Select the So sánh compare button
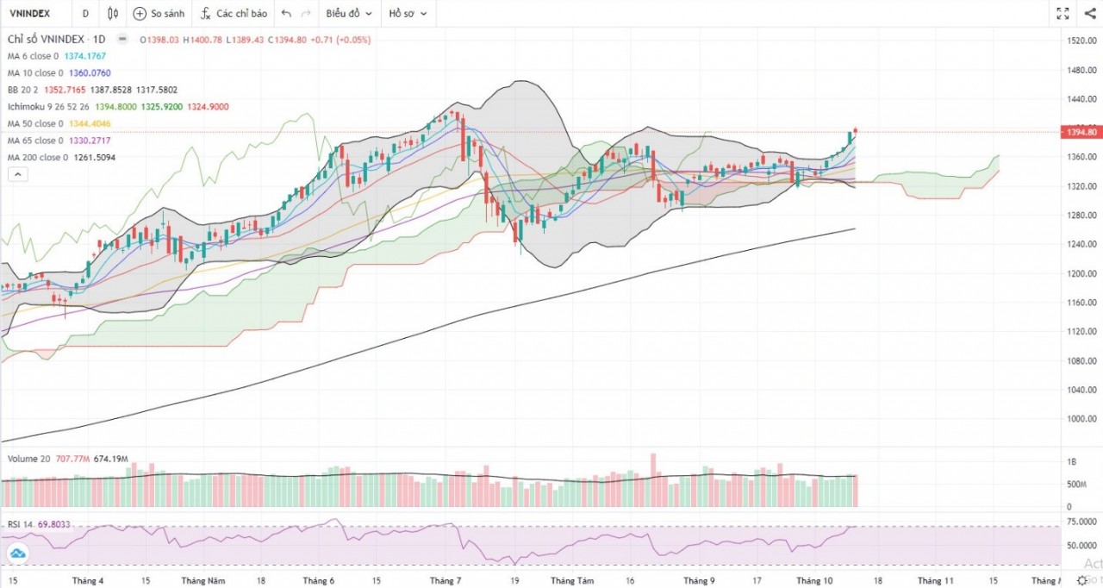tap(159, 14)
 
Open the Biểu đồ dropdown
tap(349, 14)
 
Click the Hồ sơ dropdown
tap(408, 14)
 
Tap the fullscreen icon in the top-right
tap(1062, 14)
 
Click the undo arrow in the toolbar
tap(286, 14)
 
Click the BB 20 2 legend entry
tap(24, 90)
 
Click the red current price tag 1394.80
tap(1081, 132)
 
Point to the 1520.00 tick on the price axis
tap(1081, 41)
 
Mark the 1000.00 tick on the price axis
tap(1081, 419)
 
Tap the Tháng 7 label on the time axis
tap(445, 581)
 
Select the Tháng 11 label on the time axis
tap(936, 581)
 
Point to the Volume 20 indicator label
tap(29, 459)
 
